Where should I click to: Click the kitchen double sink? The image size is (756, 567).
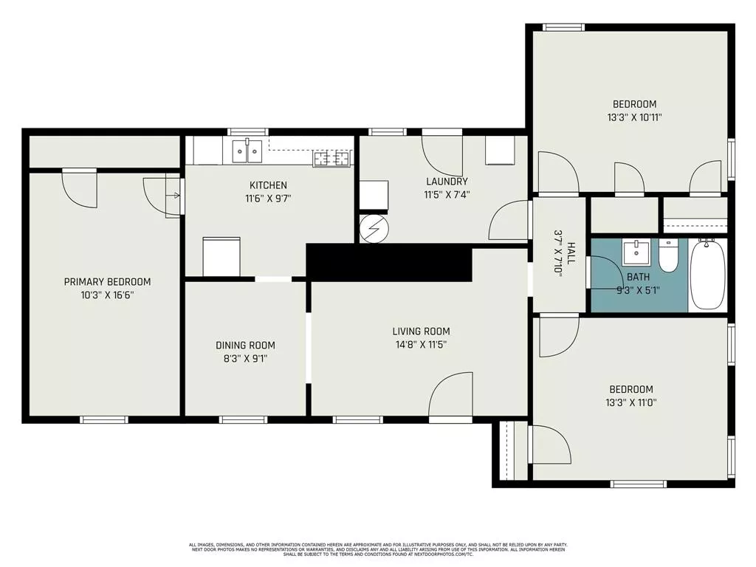[247, 151]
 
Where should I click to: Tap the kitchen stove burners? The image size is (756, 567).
[331, 157]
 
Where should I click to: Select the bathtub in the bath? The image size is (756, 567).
[707, 274]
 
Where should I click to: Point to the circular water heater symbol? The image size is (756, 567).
[372, 230]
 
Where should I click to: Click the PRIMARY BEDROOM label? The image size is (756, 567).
[107, 281]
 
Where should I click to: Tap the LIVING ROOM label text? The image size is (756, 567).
[421, 331]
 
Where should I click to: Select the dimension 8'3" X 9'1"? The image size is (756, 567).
[246, 359]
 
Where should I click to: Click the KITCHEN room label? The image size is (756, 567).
[268, 185]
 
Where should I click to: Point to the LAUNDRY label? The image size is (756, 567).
[447, 182]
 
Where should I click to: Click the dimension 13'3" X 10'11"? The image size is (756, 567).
[634, 117]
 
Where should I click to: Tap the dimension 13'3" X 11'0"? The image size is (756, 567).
[630, 402]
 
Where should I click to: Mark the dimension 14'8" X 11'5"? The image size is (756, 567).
[421, 344]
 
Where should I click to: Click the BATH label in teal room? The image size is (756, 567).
[638, 277]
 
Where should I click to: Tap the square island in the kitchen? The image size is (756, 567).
[221, 255]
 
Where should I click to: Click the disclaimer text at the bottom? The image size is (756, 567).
[378, 549]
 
